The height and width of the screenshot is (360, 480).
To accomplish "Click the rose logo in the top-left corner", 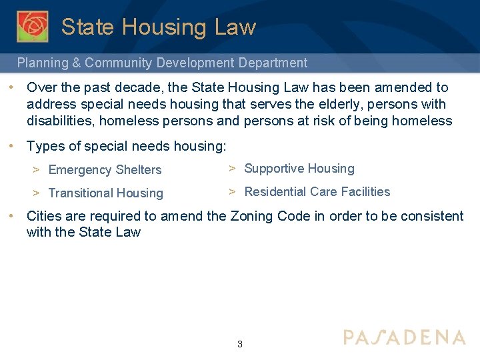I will [x=32, y=26].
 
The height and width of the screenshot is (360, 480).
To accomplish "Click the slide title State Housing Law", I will [x=159, y=27].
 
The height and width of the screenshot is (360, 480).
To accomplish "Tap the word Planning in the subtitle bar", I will [x=42, y=63].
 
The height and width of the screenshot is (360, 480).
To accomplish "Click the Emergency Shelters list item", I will [x=105, y=170].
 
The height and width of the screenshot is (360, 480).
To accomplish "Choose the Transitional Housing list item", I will [x=105, y=193].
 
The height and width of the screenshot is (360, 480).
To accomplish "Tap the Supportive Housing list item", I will [x=299, y=169].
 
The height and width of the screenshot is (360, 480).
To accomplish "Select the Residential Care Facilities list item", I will [x=317, y=192].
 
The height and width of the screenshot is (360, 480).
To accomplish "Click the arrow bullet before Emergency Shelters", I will [x=37, y=169].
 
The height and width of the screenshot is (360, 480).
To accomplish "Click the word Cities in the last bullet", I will [x=43, y=216].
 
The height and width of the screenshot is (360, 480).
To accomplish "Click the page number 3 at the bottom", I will [x=240, y=345].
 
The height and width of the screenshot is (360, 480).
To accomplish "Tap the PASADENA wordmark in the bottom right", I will [x=404, y=337].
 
